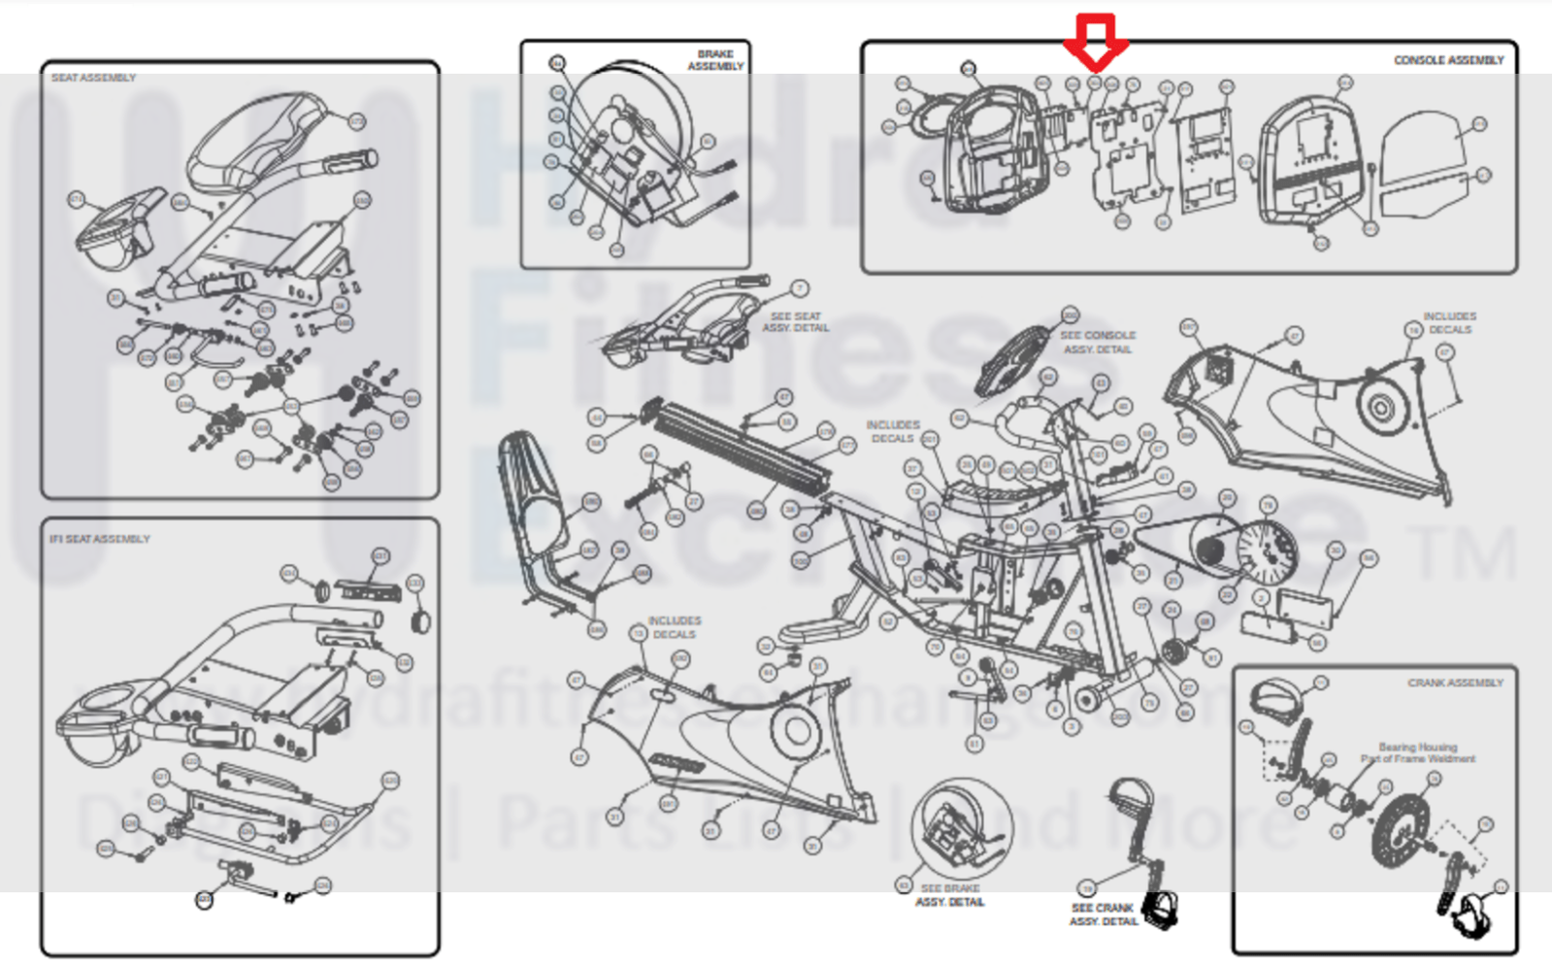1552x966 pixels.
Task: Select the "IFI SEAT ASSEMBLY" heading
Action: pyautogui.click(x=100, y=539)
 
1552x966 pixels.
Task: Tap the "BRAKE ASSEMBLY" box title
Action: pyautogui.click(x=715, y=60)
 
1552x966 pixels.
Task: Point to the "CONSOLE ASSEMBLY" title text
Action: pyautogui.click(x=1448, y=60)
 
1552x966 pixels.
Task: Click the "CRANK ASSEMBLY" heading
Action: pyautogui.click(x=1455, y=683)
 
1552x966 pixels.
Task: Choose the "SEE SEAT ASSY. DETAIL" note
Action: pyautogui.click(x=795, y=322)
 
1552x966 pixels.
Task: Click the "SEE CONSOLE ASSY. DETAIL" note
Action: pyautogui.click(x=1098, y=342)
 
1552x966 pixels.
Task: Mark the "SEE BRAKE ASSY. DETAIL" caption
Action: pyautogui.click(x=950, y=895)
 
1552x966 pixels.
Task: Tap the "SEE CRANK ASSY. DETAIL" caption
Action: pyautogui.click(x=1103, y=915)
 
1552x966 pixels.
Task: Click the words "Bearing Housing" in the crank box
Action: pyautogui.click(x=1417, y=748)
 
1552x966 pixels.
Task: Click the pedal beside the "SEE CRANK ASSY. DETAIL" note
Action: pyautogui.click(x=1161, y=909)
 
